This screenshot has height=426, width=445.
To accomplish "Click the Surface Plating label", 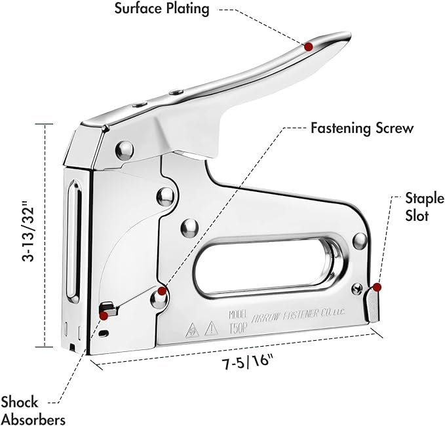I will point(162,9).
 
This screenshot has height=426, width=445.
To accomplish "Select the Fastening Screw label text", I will point(362,127).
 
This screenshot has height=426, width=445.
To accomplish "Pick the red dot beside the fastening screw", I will point(162,290).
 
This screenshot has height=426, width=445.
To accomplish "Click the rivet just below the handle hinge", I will point(123,150).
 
